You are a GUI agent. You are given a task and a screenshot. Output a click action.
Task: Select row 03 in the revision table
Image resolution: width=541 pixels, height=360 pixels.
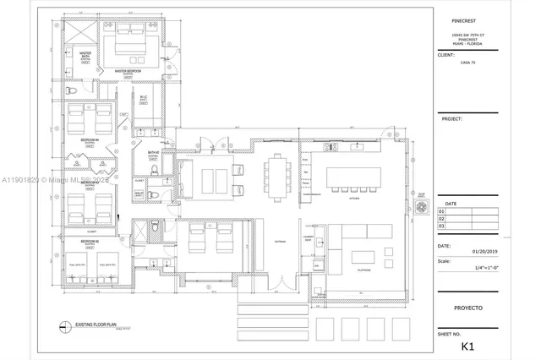click(x=441, y=226)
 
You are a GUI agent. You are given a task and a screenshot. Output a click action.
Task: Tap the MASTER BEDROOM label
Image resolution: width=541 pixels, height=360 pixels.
click(x=134, y=71)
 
